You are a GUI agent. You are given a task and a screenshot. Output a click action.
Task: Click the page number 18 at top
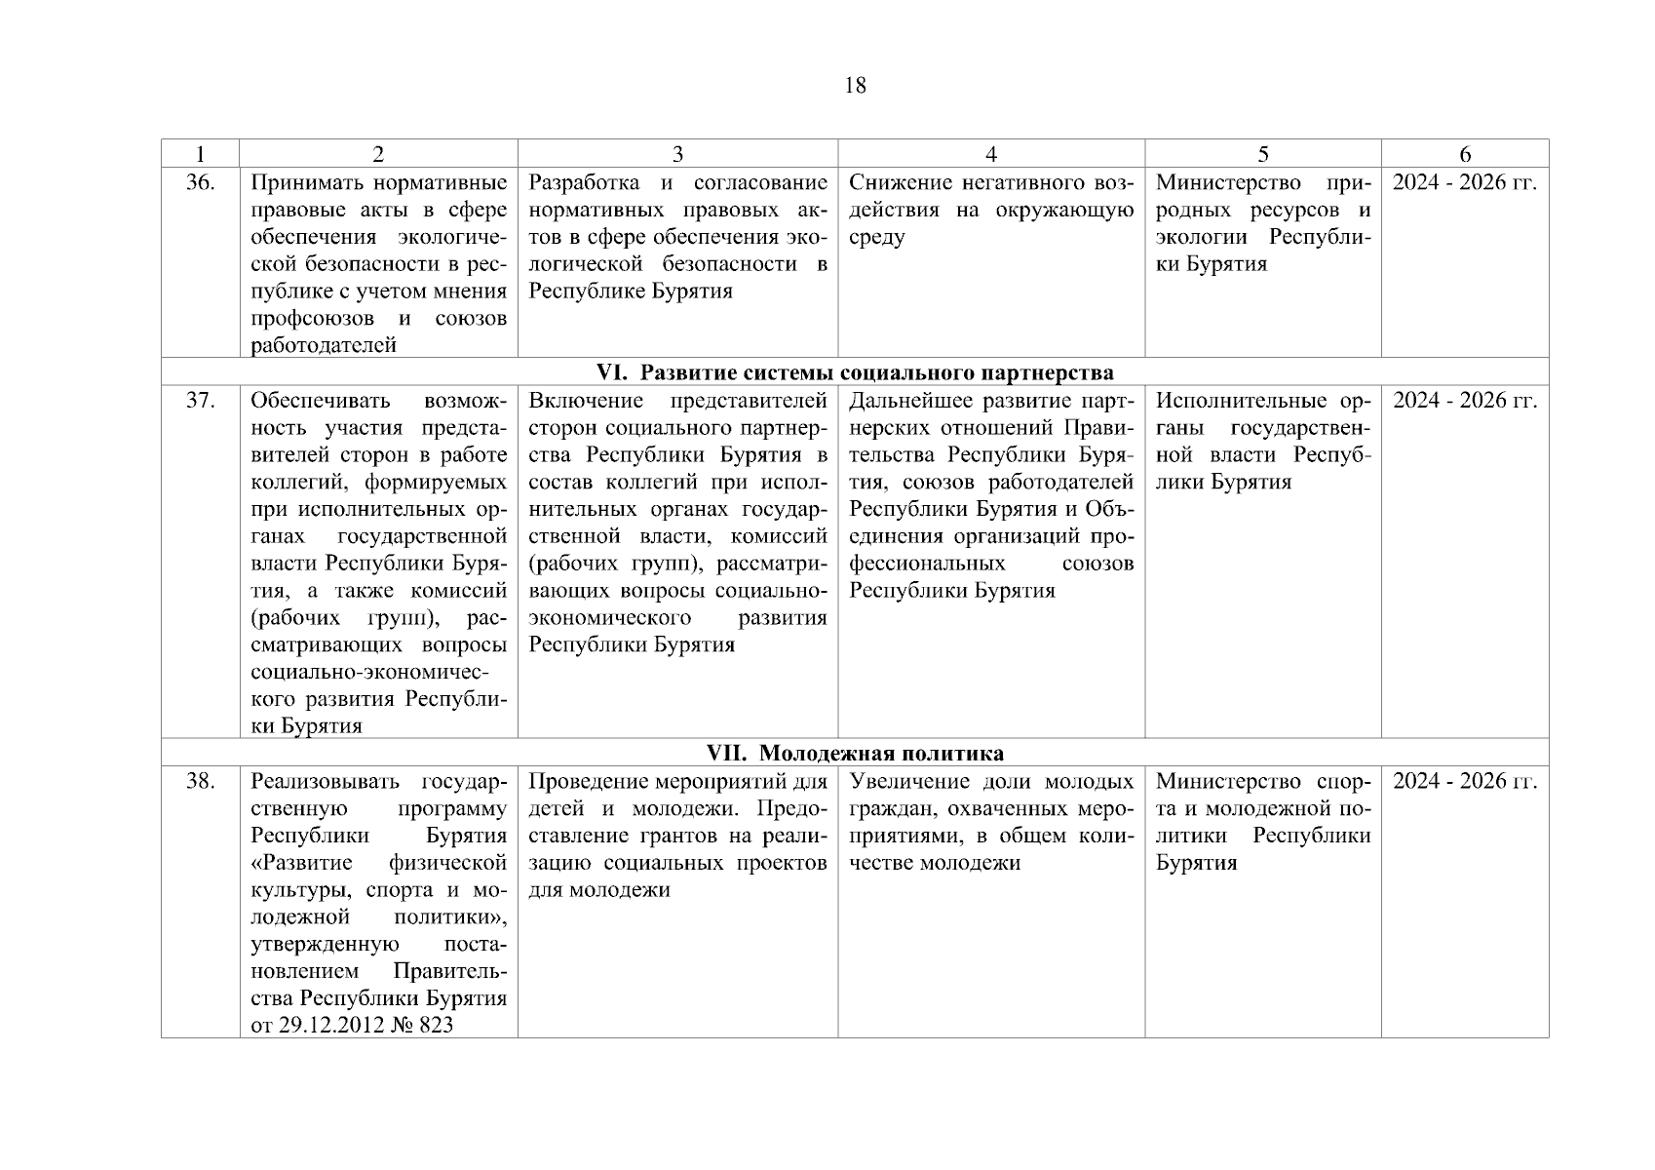tap(854, 86)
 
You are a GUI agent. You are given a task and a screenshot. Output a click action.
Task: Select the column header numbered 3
tap(677, 154)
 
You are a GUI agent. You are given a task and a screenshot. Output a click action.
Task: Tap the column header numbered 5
tap(1263, 154)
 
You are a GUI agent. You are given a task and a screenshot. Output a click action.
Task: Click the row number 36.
tap(200, 183)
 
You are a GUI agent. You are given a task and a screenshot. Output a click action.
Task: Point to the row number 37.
tap(200, 401)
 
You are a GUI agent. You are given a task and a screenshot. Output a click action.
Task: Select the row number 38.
tap(200, 781)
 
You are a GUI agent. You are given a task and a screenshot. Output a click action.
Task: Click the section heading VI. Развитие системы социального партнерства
tap(854, 372)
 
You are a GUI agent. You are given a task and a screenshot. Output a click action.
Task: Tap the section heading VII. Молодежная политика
tap(854, 753)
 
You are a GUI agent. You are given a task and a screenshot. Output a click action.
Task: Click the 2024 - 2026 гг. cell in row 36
tap(1464, 183)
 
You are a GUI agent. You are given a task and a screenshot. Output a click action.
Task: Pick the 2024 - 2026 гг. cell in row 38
tap(1464, 781)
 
